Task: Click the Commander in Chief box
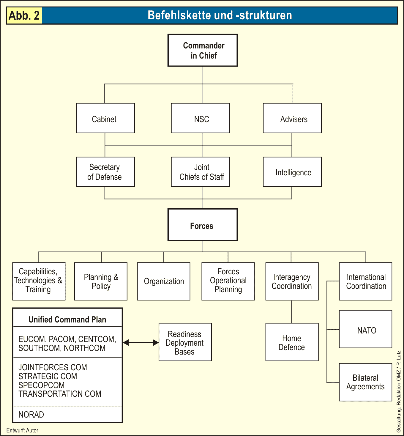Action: (x=203, y=50)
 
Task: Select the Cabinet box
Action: (x=105, y=118)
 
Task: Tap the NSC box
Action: (x=201, y=118)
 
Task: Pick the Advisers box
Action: (x=292, y=118)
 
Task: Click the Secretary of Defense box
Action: (x=105, y=172)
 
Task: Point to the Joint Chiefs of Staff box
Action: (x=201, y=172)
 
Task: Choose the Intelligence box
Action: (x=292, y=172)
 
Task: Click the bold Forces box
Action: (x=203, y=225)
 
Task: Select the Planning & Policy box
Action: (x=101, y=281)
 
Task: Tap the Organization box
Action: (x=164, y=281)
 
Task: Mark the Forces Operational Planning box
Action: (x=228, y=281)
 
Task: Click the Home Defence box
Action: (x=292, y=342)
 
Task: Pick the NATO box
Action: (x=366, y=329)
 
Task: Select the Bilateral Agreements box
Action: (x=366, y=382)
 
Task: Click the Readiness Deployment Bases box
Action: (x=185, y=342)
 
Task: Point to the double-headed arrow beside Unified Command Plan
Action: (x=141, y=343)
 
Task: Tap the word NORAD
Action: (x=31, y=415)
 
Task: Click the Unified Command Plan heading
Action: (x=67, y=319)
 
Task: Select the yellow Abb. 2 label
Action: (x=24, y=15)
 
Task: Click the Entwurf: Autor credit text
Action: (x=22, y=430)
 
